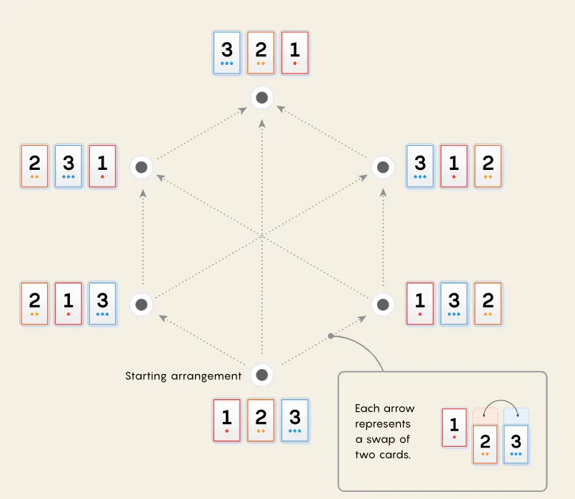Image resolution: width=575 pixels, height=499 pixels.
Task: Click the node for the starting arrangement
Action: [262, 375]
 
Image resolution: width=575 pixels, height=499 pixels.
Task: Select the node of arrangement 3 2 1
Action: [262, 97]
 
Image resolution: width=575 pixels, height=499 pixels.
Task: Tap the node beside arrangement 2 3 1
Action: [141, 167]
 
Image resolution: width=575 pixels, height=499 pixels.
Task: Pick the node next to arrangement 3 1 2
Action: [384, 167]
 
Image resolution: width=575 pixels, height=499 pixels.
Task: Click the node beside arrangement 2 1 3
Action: [141, 305]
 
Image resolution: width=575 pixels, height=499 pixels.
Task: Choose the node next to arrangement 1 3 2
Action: [384, 305]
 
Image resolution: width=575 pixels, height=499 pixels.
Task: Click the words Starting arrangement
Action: [183, 375]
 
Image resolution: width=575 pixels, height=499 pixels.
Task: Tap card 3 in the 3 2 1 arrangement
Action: [227, 53]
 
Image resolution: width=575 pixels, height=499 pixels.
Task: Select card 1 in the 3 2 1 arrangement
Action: [295, 53]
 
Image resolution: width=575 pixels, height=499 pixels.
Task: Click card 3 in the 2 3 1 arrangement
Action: [69, 166]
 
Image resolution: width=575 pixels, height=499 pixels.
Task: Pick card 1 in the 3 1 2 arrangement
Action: [454, 166]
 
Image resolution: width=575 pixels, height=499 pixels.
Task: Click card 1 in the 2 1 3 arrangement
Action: [69, 304]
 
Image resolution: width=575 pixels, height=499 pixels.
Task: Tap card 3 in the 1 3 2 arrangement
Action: [454, 304]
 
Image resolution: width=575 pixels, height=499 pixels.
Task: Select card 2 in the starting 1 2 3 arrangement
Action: [261, 420]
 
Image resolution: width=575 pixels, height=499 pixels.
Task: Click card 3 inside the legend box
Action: [516, 444]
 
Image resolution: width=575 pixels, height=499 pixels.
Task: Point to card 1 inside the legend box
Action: [454, 427]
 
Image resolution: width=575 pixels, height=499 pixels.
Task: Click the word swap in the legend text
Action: [384, 440]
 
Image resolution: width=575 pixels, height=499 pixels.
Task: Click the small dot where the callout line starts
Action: [330, 336]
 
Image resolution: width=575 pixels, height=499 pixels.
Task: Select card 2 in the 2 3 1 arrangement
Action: [34, 166]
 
